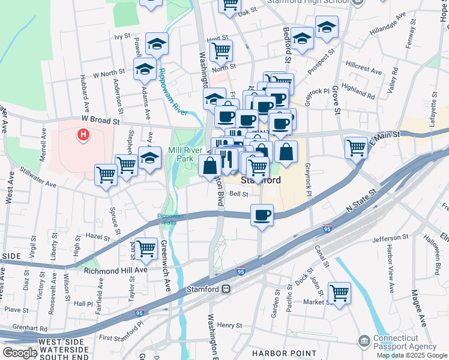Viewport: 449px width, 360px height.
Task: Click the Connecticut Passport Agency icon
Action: point(364,341)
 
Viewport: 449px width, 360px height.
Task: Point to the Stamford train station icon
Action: point(226,289)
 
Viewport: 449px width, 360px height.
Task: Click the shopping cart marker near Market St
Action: point(339,293)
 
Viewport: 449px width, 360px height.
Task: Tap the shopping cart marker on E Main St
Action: point(357,146)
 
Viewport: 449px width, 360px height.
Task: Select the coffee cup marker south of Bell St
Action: point(261,215)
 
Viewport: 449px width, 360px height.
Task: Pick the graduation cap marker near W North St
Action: point(145,69)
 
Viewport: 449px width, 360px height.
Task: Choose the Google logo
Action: point(20,353)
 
